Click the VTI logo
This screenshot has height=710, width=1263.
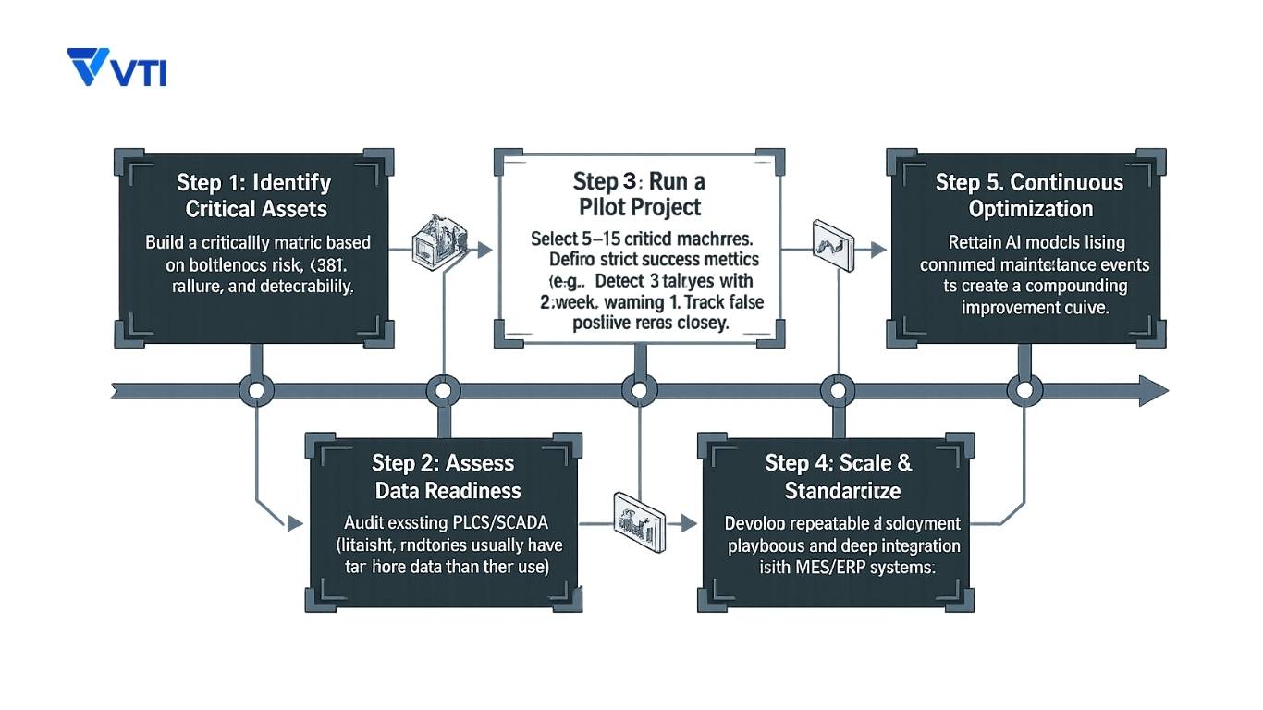click(116, 68)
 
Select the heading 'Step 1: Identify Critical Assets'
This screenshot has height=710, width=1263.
click(256, 195)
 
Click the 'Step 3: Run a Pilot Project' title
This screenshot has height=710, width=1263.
click(638, 193)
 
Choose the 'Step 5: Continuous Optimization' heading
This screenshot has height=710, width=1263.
click(1030, 195)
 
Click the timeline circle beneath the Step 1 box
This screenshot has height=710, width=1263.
click(257, 391)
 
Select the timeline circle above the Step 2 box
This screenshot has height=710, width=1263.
click(443, 391)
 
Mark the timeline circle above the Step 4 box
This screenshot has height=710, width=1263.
click(839, 391)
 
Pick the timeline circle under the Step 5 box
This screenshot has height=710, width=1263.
click(1023, 391)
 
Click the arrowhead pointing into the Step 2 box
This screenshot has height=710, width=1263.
click(295, 523)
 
